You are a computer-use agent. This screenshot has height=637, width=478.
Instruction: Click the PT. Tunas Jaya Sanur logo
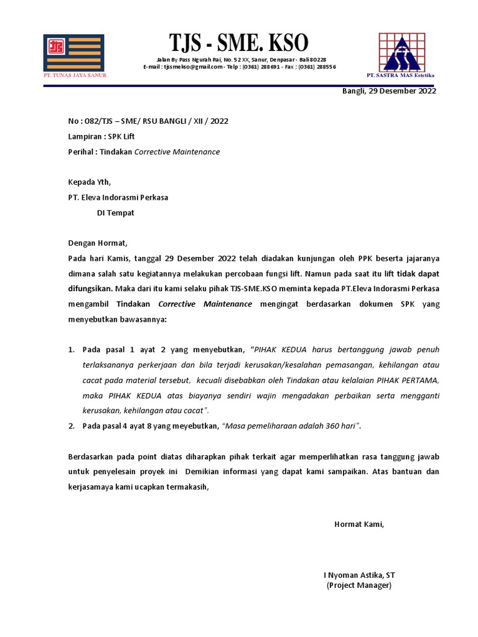click(x=73, y=53)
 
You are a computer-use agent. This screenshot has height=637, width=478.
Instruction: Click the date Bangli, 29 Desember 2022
click(x=389, y=91)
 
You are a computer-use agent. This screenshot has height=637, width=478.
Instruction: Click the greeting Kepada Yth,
click(x=89, y=182)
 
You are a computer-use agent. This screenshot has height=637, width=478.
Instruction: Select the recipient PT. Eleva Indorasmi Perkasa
click(x=118, y=197)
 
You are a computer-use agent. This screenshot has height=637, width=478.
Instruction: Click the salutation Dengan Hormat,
click(x=97, y=243)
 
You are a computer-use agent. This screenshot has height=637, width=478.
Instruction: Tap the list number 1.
click(x=71, y=350)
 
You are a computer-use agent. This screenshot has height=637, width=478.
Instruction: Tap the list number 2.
click(x=71, y=426)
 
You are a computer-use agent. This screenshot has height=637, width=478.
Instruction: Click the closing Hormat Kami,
click(x=359, y=524)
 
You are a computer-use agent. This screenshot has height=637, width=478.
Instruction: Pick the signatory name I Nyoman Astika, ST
click(x=359, y=575)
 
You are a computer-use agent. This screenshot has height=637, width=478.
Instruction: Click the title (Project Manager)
click(x=359, y=586)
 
